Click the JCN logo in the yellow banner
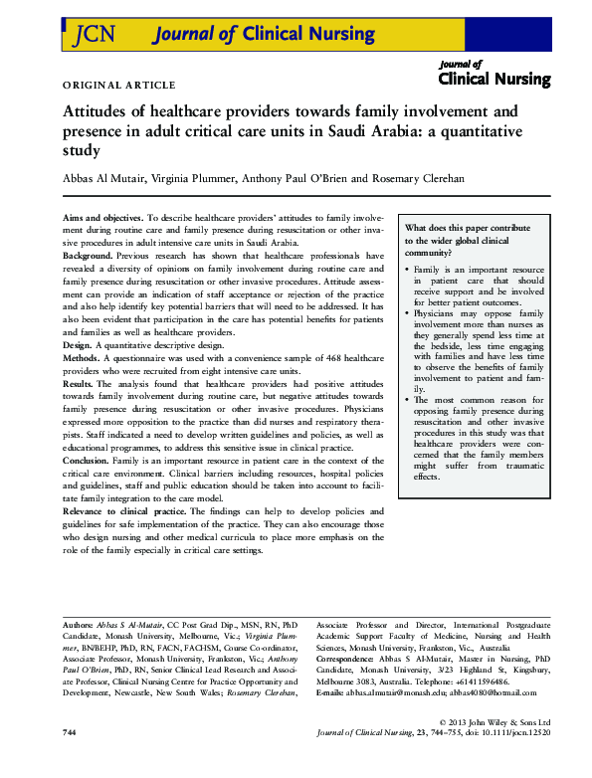[x=95, y=35]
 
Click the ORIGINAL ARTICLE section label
[x=118, y=86]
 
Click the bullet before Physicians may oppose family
[x=408, y=312]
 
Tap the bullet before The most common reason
[x=408, y=399]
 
